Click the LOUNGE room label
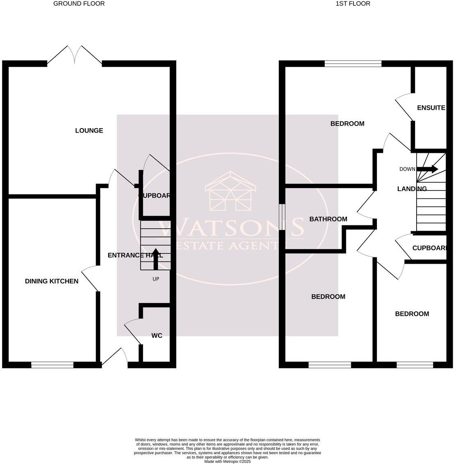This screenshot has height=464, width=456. tap(89, 131)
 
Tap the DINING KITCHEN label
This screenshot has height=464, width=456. tap(52, 281)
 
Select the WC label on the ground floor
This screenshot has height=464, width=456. tap(157, 335)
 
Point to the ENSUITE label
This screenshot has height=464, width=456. tap(431, 108)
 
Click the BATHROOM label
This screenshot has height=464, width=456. tap(328, 219)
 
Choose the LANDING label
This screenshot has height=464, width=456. tap(412, 189)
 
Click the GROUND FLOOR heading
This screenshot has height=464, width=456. tap(79, 4)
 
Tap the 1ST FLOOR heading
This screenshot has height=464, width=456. tap(353, 4)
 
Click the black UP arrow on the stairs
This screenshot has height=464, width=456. tap(156, 259)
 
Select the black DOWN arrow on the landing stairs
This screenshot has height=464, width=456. tap(427, 169)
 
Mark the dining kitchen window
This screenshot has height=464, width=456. tap(52, 365)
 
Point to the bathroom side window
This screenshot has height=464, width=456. tap(282, 217)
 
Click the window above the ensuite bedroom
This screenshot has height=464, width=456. tap(353, 64)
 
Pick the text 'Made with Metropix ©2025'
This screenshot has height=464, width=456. tap(227, 462)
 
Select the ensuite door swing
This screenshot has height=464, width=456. tap(404, 104)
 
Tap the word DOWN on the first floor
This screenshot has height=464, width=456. tap(407, 169)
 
